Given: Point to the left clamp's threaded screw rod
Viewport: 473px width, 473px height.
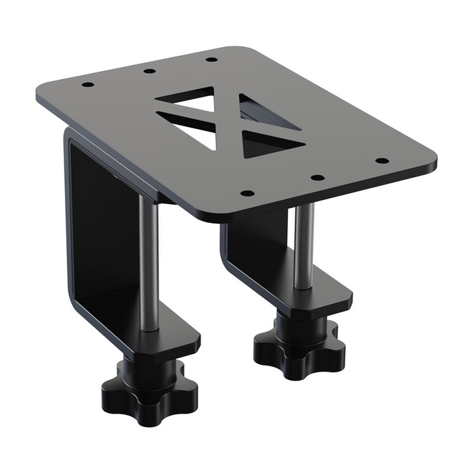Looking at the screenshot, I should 149,264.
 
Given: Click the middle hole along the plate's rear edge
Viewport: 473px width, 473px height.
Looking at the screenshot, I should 149,70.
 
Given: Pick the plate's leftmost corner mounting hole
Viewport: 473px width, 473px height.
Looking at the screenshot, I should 87,85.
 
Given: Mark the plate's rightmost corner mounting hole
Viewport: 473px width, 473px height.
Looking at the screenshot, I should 382,161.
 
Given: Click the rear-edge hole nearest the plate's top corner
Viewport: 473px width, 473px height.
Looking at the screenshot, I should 211,59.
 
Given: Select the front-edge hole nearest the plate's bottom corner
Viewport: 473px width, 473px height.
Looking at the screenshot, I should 247,193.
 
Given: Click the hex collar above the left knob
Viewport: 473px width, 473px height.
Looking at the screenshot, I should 150,368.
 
